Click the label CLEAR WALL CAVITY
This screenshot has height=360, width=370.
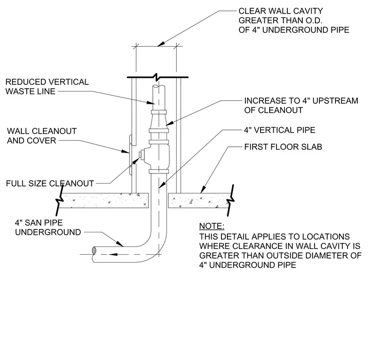tap(280, 11)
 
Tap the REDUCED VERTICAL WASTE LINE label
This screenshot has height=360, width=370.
tap(47, 87)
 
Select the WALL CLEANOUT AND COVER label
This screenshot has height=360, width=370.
tap(42, 136)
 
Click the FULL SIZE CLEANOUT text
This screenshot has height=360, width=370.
tap(50, 184)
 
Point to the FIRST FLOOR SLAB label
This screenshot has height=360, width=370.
tap(283, 147)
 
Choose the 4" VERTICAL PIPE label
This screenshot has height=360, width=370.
tap(279, 130)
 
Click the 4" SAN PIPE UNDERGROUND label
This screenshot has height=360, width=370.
tap(48, 227)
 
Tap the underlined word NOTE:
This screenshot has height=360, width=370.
tap(212, 226)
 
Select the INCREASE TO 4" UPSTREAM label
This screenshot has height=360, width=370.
tap(301, 101)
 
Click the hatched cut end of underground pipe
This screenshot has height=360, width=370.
tap(94, 250)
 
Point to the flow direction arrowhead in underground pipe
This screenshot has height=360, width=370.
tap(113, 254)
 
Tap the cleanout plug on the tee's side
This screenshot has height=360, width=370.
tap(141, 154)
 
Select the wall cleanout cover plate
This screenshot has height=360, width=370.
tap(130, 155)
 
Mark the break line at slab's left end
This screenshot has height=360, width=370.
tap(60, 200)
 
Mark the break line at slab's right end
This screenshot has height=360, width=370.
tap(231, 200)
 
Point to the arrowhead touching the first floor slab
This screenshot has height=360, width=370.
tap(203, 189)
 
